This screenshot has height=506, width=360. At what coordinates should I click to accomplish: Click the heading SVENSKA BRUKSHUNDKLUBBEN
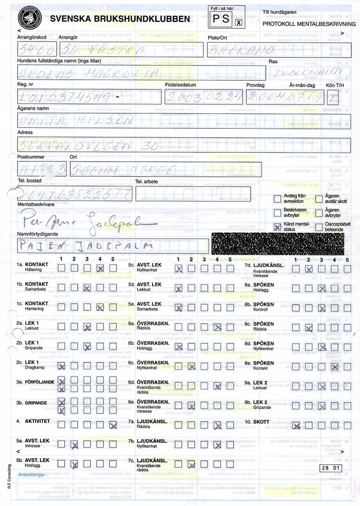tap(120, 19)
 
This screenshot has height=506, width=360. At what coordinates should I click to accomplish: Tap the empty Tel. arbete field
tap(193, 193)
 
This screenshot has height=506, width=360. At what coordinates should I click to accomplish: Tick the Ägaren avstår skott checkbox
tap(319, 199)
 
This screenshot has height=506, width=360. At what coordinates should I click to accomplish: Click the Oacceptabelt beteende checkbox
tap(319, 227)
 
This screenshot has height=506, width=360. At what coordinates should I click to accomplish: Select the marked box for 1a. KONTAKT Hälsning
tap(100, 268)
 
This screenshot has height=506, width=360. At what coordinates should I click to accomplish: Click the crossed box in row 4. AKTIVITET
tap(113, 425)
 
